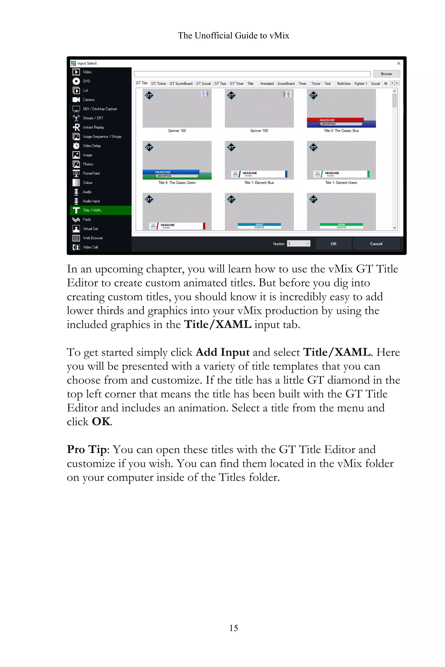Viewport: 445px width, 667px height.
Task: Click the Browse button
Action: click(386, 74)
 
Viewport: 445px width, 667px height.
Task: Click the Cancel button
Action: click(376, 244)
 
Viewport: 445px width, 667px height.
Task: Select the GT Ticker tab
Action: click(158, 84)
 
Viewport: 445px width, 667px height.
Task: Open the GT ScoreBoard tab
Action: click(181, 84)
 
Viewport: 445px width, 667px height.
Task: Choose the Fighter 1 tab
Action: click(360, 84)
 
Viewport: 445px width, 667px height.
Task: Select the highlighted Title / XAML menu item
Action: click(92, 210)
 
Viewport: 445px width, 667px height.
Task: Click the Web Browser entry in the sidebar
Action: click(93, 238)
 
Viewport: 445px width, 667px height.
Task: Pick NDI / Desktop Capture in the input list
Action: click(100, 109)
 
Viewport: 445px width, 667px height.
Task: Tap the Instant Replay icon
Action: click(76, 127)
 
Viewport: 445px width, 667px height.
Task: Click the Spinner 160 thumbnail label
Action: click(177, 131)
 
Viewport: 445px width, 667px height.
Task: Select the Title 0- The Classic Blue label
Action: click(341, 131)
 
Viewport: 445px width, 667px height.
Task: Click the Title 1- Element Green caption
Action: click(341, 183)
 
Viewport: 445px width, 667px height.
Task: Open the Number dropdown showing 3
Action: click(299, 244)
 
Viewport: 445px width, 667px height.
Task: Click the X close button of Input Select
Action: click(399, 63)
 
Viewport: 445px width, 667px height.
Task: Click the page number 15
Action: click(234, 628)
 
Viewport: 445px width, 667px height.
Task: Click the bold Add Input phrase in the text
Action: click(222, 352)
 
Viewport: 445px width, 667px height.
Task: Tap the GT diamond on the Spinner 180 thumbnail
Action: click(231, 95)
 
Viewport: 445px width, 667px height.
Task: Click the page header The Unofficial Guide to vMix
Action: click(233, 35)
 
